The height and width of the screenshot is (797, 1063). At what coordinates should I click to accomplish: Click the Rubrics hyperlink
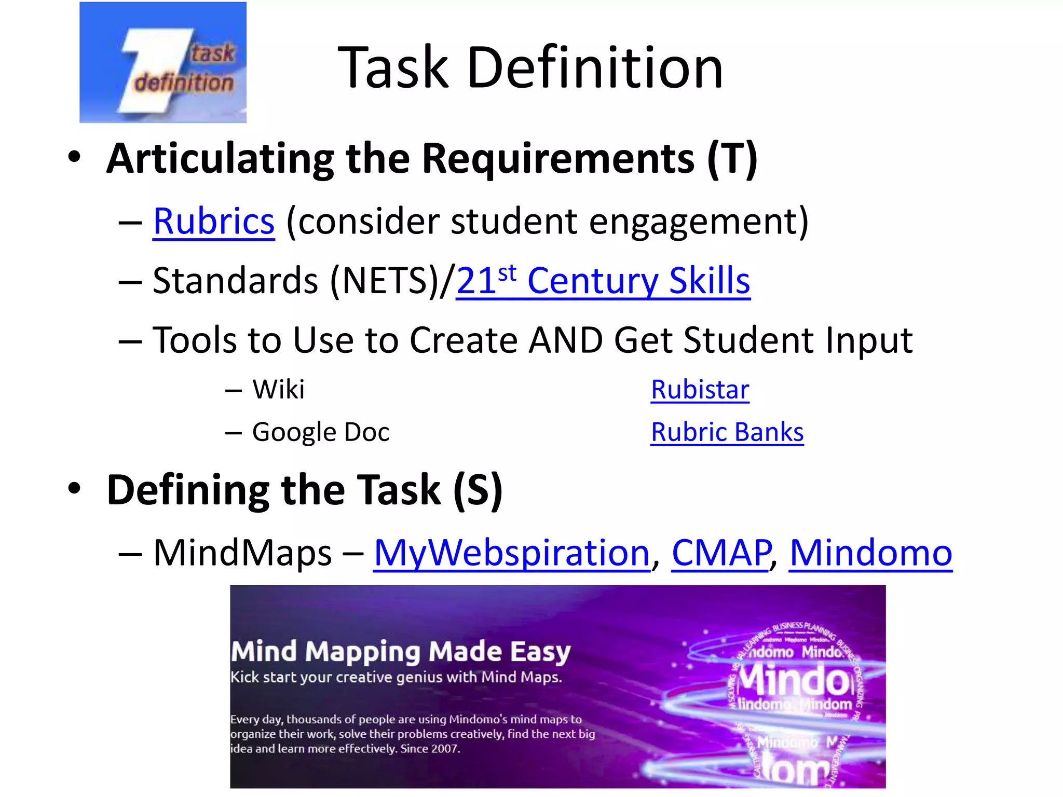click(213, 222)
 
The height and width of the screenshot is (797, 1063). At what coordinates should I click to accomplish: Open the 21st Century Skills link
click(603, 281)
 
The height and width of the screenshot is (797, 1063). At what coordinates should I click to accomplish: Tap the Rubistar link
click(700, 389)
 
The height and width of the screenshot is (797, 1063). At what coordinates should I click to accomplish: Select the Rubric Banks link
click(727, 432)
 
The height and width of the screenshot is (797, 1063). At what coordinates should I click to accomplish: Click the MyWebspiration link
click(511, 553)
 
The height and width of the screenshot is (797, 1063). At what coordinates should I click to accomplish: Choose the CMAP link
click(720, 553)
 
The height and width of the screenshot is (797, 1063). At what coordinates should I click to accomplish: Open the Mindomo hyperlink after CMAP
click(870, 553)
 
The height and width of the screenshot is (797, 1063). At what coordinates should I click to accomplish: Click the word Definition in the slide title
click(595, 67)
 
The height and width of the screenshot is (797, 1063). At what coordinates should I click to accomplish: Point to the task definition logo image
click(162, 62)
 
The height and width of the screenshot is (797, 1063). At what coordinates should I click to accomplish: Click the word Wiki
click(278, 389)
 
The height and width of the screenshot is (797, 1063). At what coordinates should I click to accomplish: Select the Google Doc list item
click(320, 432)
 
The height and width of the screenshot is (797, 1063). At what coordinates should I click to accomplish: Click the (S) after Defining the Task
click(478, 490)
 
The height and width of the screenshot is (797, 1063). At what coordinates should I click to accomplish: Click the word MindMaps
click(242, 553)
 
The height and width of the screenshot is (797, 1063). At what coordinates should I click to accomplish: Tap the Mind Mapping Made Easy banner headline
click(400, 651)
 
